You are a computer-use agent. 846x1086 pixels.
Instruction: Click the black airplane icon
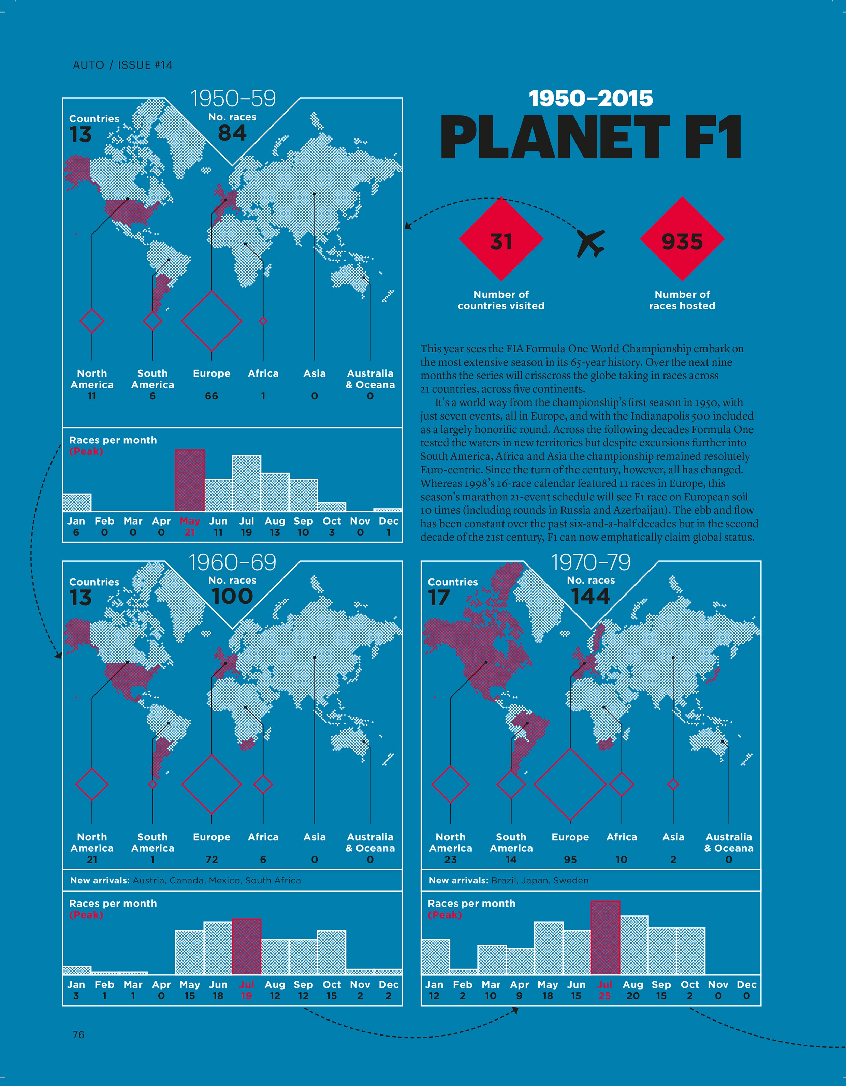tap(591, 243)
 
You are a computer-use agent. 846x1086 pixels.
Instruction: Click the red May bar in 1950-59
tap(189, 480)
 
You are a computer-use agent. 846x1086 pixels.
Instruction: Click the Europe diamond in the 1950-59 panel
tap(211, 321)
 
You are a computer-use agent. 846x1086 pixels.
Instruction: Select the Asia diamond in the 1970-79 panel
tap(673, 784)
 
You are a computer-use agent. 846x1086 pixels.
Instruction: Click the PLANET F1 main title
tap(591, 137)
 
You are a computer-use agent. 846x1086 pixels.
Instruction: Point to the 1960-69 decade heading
tap(232, 563)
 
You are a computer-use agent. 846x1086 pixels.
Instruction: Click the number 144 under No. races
tap(590, 596)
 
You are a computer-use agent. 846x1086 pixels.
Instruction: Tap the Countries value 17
tap(439, 598)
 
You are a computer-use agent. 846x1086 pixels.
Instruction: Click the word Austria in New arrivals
tap(148, 881)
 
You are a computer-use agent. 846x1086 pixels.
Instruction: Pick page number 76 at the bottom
tap(78, 1035)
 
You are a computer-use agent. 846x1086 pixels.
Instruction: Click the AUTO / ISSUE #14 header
tap(122, 65)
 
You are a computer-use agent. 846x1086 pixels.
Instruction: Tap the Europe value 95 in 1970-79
tap(570, 860)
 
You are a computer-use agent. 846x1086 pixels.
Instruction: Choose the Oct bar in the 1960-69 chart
tap(331, 952)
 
